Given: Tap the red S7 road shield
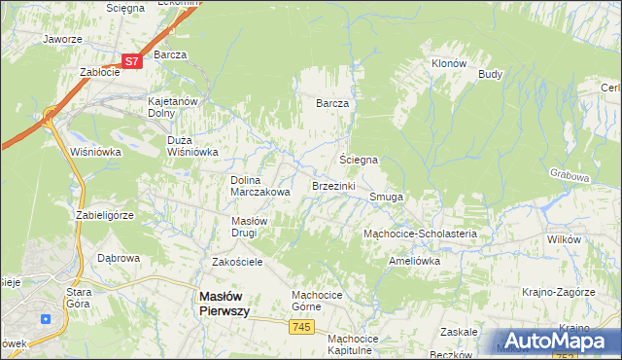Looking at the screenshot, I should (x=133, y=60).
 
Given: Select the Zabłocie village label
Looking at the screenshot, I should (x=99, y=72).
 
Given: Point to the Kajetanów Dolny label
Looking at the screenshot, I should (x=173, y=106).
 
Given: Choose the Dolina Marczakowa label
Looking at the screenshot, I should (x=259, y=186).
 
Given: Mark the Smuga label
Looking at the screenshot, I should (x=386, y=197).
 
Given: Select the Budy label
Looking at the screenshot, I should (x=490, y=74).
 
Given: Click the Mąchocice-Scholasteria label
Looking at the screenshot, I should (x=419, y=234).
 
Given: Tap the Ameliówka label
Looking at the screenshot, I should (x=414, y=261).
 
